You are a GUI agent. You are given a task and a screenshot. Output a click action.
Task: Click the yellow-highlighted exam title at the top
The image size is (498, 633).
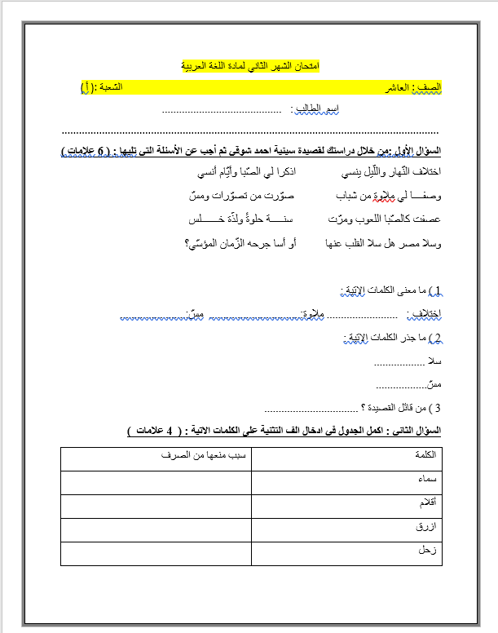(x=249, y=64)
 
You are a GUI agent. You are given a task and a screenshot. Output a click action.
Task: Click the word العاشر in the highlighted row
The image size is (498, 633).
(x=394, y=86)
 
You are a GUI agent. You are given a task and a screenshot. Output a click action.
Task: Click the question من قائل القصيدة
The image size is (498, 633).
(x=401, y=407)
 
